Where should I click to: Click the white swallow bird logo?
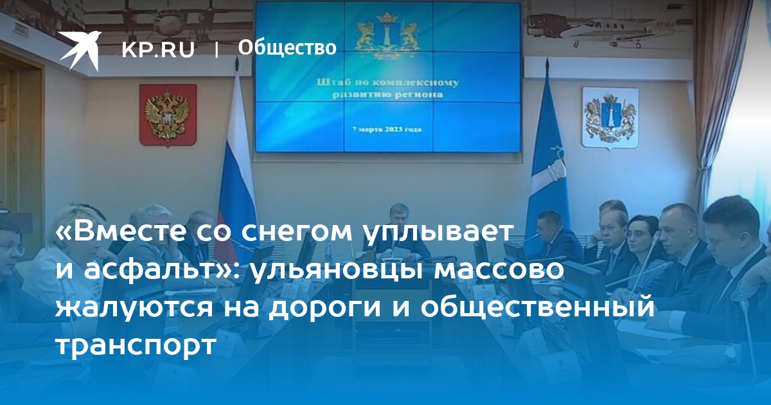(x=80, y=50)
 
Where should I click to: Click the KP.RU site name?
(x=158, y=50)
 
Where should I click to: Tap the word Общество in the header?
(x=287, y=48)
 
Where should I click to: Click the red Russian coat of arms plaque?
(x=168, y=115)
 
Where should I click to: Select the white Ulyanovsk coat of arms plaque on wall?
(x=610, y=118)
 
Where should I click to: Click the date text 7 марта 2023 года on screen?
(x=387, y=130)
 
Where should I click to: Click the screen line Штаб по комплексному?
(x=387, y=83)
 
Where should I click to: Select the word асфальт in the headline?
(x=148, y=271)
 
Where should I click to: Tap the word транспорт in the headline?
(x=136, y=345)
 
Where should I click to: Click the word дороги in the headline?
(x=325, y=307)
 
